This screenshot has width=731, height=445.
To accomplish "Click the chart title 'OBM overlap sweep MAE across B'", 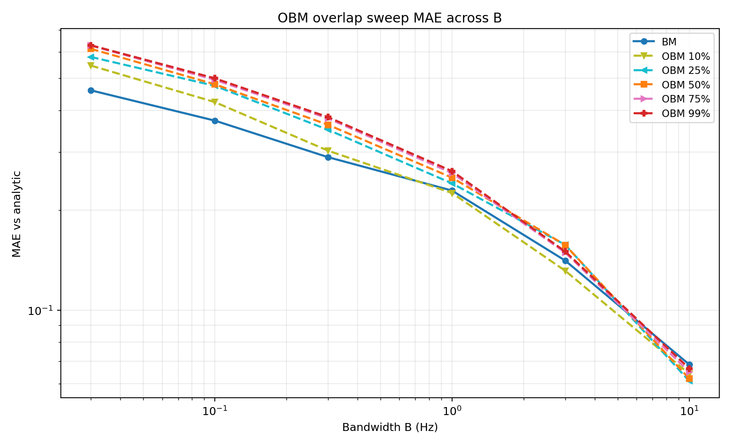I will [x=389, y=18].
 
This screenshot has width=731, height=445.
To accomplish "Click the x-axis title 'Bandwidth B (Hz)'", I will [x=390, y=427].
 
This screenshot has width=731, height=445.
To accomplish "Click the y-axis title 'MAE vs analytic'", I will [x=17, y=214].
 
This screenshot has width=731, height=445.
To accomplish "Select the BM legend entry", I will [x=669, y=42].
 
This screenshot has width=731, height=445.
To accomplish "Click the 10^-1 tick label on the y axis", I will [x=41, y=311].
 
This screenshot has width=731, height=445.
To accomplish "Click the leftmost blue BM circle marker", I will [x=91, y=90].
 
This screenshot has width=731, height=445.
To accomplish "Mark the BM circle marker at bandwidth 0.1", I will [x=215, y=121].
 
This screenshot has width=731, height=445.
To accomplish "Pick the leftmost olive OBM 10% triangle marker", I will [x=91, y=66].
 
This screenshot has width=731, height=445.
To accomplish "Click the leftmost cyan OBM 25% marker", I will [x=91, y=57].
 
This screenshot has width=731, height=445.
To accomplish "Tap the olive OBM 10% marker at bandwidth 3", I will [x=565, y=270].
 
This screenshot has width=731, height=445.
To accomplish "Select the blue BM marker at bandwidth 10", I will [x=689, y=365].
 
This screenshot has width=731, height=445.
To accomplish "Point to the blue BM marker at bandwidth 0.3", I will [x=328, y=157].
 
